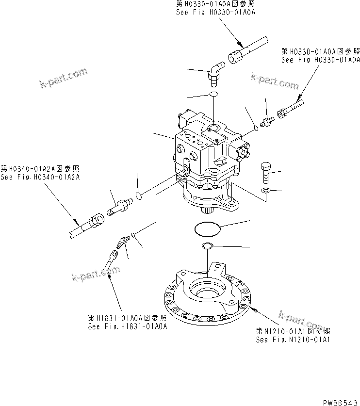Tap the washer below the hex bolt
pos(265,190)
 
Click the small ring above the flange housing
pos(208,245)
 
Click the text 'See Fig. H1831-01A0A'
pos(128,326)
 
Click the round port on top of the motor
pos(212,128)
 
